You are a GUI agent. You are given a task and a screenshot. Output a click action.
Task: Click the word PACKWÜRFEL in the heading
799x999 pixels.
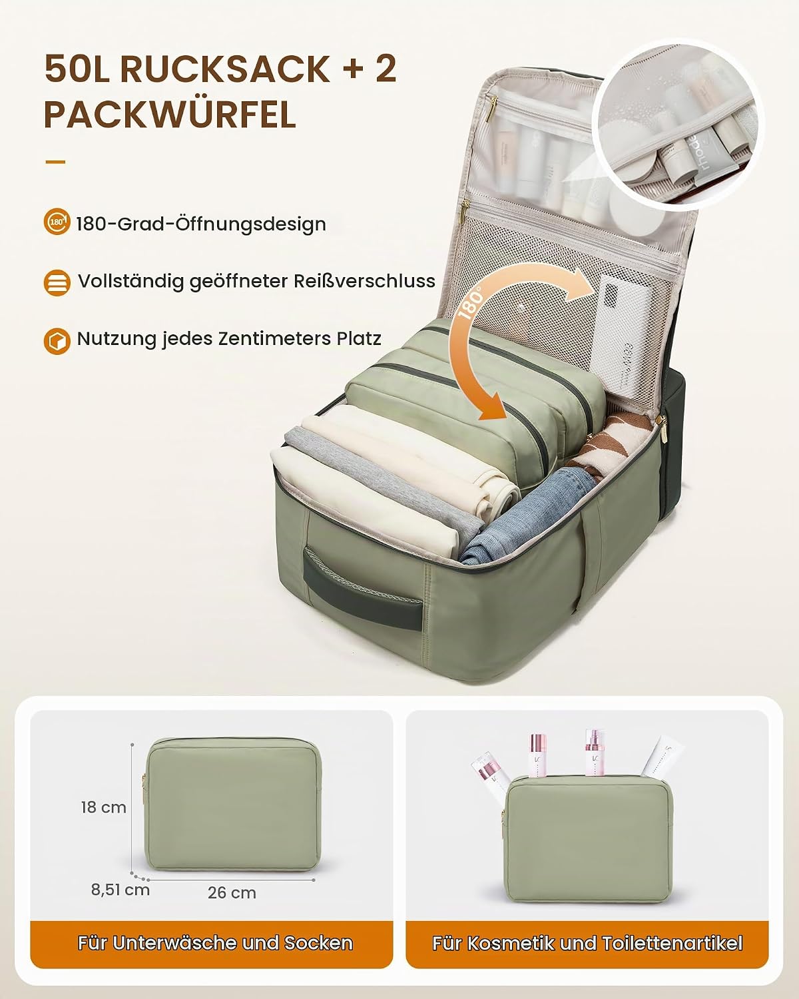[170, 115]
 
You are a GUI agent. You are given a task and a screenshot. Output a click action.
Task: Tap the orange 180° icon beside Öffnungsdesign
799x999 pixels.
[57, 221]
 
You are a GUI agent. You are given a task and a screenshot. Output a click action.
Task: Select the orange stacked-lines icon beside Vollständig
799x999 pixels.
[57, 282]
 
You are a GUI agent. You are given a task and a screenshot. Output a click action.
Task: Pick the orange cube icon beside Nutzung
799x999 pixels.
[57, 341]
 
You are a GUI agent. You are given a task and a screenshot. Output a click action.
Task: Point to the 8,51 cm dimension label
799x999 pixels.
[121, 890]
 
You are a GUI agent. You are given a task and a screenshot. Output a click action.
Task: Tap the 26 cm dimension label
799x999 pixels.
[232, 892]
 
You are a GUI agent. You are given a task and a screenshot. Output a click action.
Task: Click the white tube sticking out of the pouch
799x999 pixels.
[663, 756]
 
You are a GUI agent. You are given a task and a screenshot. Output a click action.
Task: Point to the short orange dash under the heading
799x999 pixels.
[55, 162]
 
